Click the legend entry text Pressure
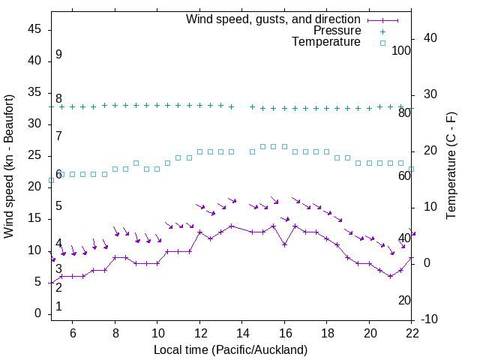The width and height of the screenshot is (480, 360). [x=337, y=31]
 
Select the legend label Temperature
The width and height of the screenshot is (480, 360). [x=326, y=42]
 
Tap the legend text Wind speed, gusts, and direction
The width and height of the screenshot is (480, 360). [x=274, y=19]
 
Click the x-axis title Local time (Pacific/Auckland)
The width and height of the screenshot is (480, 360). [x=230, y=349]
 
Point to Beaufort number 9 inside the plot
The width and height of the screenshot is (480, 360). [x=58, y=55]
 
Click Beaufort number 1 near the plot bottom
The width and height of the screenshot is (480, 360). [x=58, y=307]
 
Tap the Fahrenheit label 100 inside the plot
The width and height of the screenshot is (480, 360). [x=401, y=51]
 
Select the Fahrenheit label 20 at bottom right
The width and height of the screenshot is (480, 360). [x=404, y=301]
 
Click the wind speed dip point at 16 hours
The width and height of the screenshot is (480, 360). [x=285, y=244]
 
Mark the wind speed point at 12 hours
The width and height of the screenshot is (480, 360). [x=200, y=232]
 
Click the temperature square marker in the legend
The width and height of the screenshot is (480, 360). [x=382, y=43]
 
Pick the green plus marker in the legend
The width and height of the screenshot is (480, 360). [x=382, y=31]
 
